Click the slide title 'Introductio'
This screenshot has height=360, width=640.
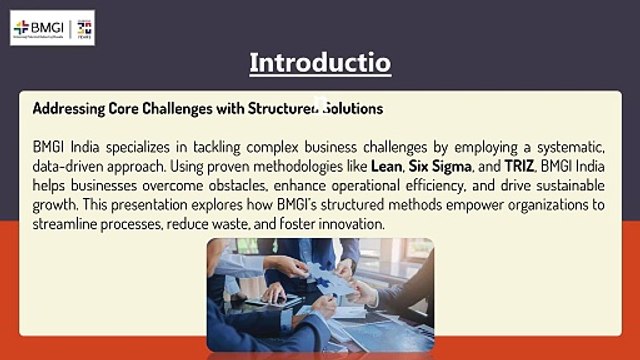(320, 63)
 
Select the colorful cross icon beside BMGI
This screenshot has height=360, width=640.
(21, 28)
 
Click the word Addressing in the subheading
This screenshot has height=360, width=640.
(67, 107)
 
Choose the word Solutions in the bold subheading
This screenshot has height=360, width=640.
(349, 107)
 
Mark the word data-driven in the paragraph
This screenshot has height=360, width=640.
(71, 166)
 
